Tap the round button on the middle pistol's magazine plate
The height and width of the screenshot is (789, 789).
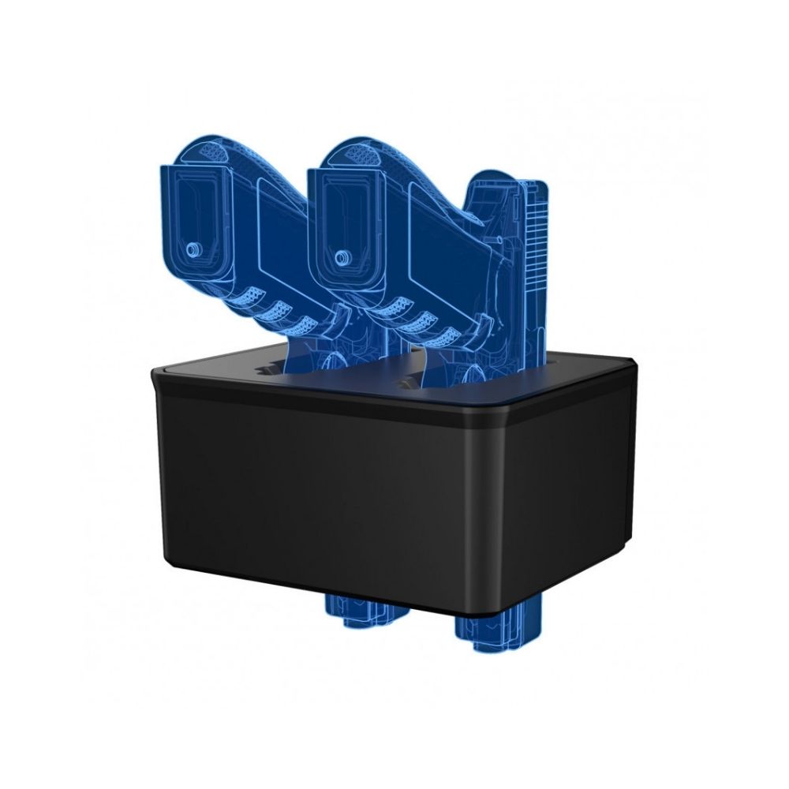click(x=342, y=257)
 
